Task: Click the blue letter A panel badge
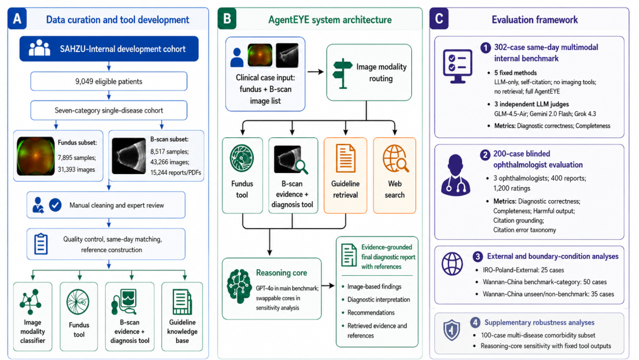point(17,19)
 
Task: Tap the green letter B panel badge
point(227,19)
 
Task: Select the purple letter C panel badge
point(439,19)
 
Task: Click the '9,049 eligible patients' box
point(109,82)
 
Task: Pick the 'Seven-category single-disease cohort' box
point(109,110)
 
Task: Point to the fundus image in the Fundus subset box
point(35,156)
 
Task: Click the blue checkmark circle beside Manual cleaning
point(56,205)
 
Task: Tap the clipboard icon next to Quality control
point(41,244)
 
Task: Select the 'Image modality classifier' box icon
point(30,302)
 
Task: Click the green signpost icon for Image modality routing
point(343,73)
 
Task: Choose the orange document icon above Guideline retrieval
point(346,158)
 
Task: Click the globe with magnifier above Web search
point(395,158)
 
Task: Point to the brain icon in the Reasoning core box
point(239,286)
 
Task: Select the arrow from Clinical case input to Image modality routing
point(315,72)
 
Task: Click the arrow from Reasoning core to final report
point(328,286)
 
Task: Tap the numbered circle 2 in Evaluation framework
point(485,155)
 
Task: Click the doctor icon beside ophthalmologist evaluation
point(456,175)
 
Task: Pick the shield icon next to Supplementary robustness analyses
point(451,330)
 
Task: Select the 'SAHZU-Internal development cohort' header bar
point(109,49)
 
